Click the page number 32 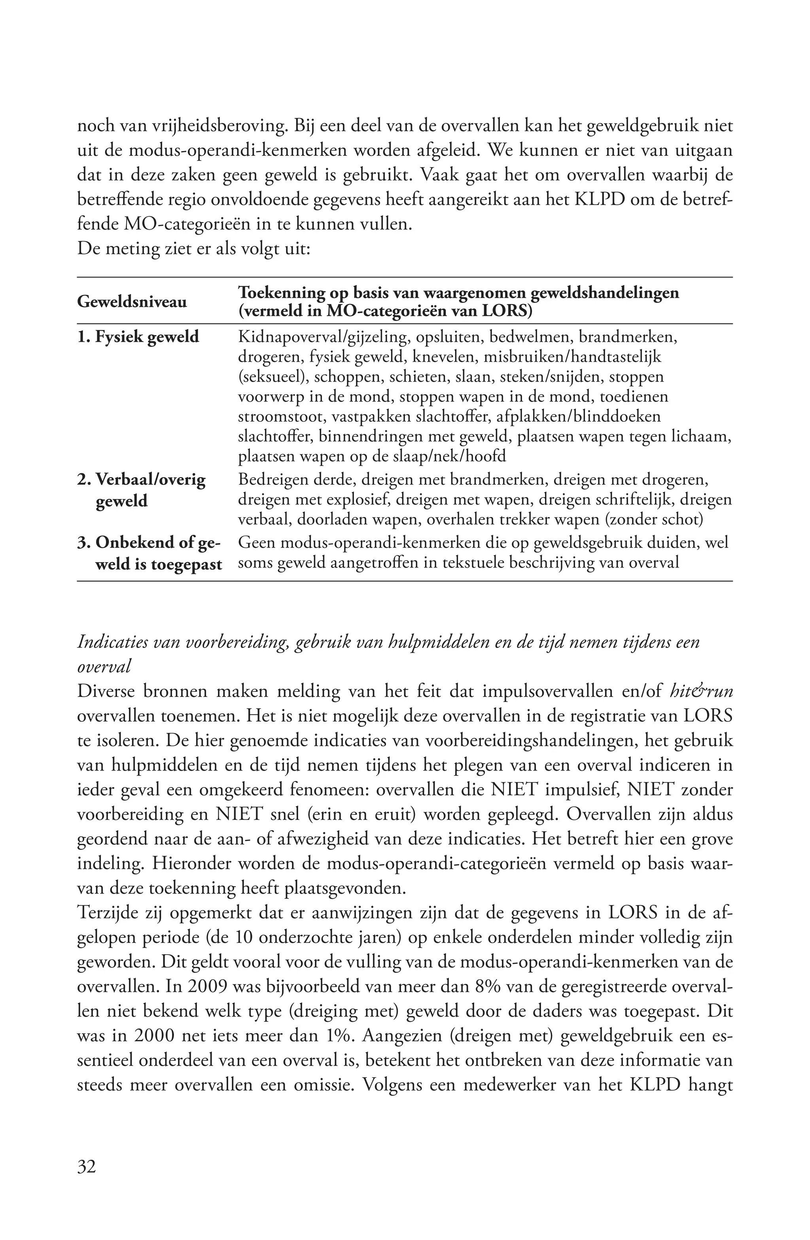point(87,1166)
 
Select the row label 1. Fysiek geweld point(138,336)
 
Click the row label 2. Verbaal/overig point(141,479)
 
